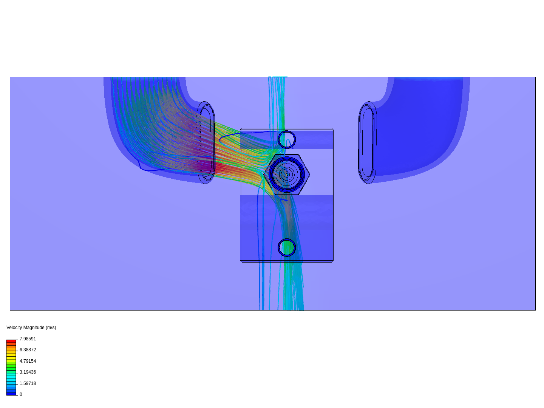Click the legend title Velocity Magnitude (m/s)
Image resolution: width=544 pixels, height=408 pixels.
[31, 328]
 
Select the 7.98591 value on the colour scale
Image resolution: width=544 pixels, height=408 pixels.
[28, 338]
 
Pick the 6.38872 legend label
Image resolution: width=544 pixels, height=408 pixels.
[28, 350]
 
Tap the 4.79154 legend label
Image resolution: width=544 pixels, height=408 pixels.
[28, 361]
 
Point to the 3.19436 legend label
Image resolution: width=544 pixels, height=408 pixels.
[28, 372]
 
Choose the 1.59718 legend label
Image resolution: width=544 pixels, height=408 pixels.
[28, 383]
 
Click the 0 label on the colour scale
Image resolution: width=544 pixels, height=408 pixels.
[21, 394]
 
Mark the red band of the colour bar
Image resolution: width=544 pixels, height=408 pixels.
[11, 341]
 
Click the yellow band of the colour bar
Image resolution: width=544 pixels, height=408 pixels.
[11, 357]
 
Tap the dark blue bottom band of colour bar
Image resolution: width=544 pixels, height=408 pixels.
[11, 394]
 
